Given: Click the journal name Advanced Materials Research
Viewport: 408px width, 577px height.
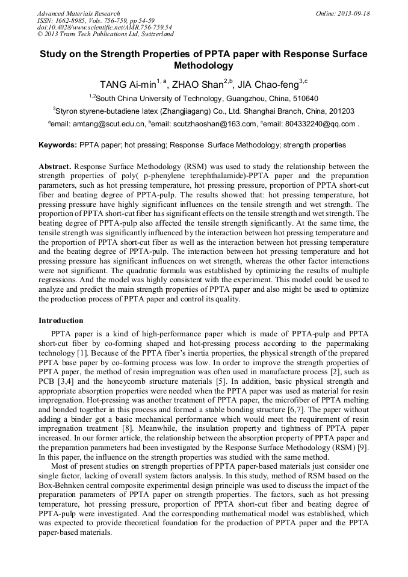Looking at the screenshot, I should click(x=78, y=13).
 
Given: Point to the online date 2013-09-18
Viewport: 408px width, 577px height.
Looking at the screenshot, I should click(x=354, y=13).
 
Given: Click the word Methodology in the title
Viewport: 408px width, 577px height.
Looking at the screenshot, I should click(x=203, y=66).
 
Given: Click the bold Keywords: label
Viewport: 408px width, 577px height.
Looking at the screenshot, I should click(x=58, y=145).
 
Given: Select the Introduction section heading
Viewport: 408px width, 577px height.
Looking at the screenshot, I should click(x=61, y=321).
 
